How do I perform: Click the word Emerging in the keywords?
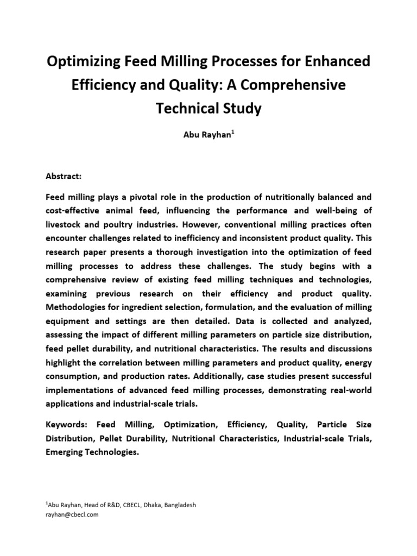coord(66,452)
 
